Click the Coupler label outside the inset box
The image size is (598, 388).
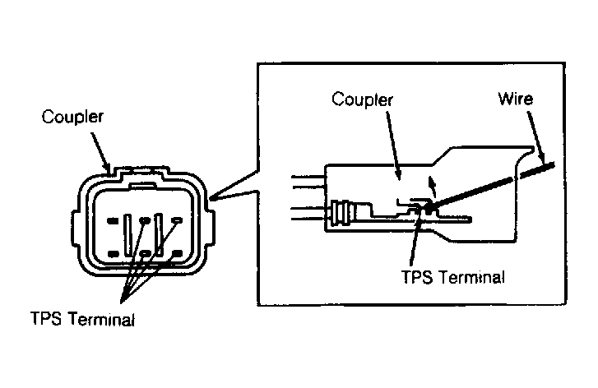pyautogui.click(x=72, y=117)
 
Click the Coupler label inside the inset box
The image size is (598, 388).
pyautogui.click(x=362, y=99)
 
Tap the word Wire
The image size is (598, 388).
pyautogui.click(x=516, y=99)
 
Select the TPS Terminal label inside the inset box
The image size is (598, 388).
pyautogui.click(x=453, y=277)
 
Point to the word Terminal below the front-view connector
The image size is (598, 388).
pyautogui.click(x=101, y=319)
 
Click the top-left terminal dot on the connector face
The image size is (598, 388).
pyautogui.click(x=113, y=220)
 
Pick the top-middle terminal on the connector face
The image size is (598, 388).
pyautogui.click(x=145, y=220)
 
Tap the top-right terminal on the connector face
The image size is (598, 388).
pyautogui.click(x=178, y=220)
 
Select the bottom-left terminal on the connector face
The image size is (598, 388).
pyautogui.click(x=114, y=253)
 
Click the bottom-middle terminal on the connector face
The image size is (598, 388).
pyautogui.click(x=146, y=253)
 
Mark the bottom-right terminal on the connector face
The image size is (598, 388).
pyautogui.click(x=178, y=252)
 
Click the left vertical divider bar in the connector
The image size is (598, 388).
pyautogui.click(x=128, y=235)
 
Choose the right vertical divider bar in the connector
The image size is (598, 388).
pyautogui.click(x=160, y=234)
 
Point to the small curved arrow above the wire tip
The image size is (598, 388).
pyautogui.click(x=432, y=186)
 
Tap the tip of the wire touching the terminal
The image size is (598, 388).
pyautogui.click(x=429, y=208)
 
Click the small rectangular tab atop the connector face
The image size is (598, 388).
pyautogui.click(x=142, y=186)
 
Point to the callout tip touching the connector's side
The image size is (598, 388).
pyautogui.click(x=210, y=199)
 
